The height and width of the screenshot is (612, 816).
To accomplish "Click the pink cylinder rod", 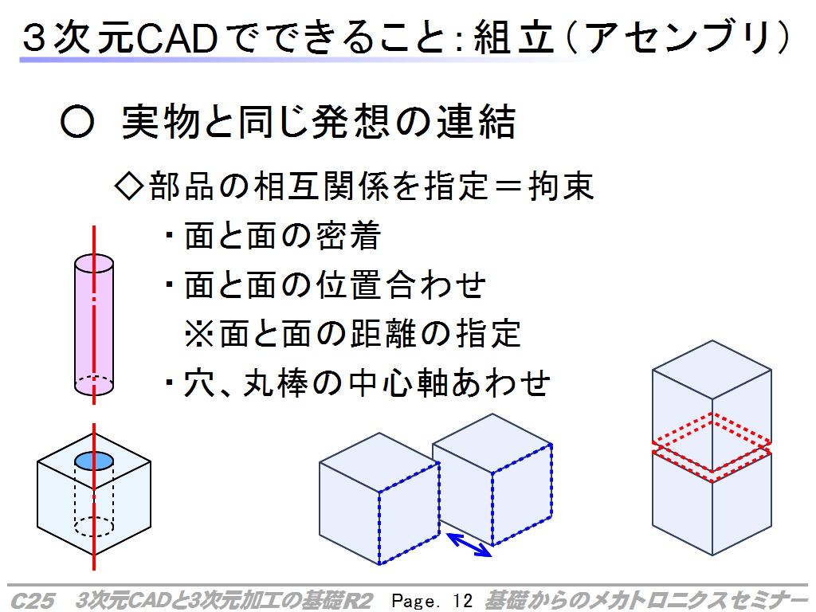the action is click(x=94, y=325).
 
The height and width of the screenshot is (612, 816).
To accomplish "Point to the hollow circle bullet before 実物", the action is click(x=77, y=122).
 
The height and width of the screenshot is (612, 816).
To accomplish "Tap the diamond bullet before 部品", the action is click(x=128, y=186).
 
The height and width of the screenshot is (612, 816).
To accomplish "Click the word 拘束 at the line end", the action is click(x=561, y=186).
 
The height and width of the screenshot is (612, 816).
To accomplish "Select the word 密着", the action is click(x=348, y=235).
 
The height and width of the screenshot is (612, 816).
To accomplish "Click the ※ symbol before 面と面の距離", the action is click(x=199, y=333).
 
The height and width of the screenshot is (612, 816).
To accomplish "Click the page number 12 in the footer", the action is click(x=462, y=601).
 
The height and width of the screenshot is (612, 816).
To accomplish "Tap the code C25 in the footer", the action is click(x=32, y=601).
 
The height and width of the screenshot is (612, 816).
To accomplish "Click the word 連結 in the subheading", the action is click(x=476, y=122).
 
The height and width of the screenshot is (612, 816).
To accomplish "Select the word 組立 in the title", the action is click(x=514, y=38).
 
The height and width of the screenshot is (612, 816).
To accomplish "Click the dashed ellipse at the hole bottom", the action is click(x=94, y=526).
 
